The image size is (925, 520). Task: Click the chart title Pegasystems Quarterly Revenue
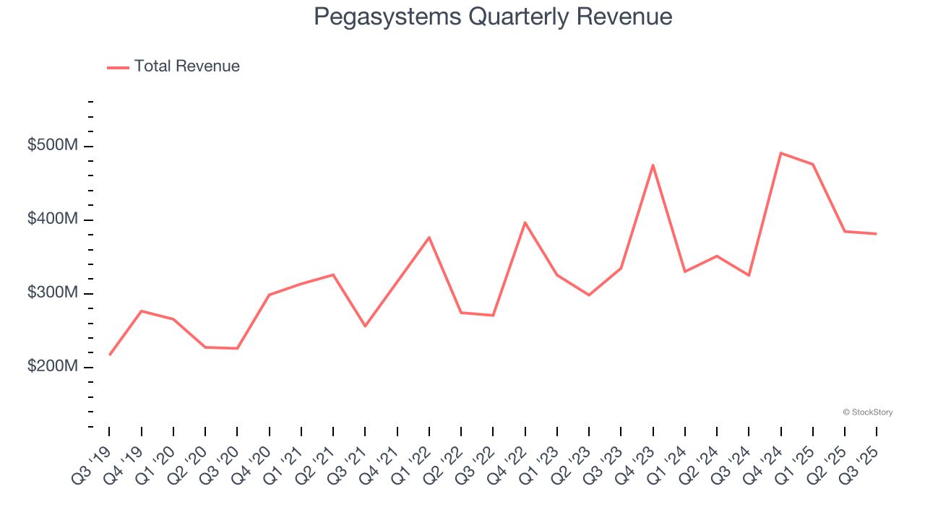tap(493, 17)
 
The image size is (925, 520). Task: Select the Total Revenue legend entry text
tap(186, 66)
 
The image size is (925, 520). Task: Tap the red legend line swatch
tap(118, 67)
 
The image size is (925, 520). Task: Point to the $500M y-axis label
tap(52, 146)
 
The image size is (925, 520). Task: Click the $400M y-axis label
tap(52, 219)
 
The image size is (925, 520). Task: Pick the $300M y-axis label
tap(52, 292)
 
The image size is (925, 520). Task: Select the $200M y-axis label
tap(52, 366)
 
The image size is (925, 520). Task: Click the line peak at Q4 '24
tap(781, 153)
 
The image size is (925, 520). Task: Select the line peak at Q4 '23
tap(653, 165)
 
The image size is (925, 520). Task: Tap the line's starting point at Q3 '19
tap(110, 355)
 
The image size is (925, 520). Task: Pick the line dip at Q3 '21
tap(365, 326)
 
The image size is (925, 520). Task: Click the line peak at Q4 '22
tap(525, 222)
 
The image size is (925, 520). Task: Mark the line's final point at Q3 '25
tap(877, 233)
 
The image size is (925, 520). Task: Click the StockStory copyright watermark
tap(867, 412)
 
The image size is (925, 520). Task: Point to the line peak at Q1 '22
tap(429, 237)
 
